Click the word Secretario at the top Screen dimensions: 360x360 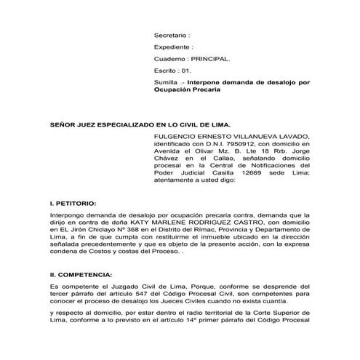170,34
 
